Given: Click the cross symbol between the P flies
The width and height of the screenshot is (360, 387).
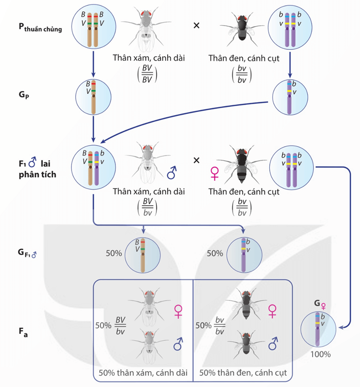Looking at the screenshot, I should pos(196,25).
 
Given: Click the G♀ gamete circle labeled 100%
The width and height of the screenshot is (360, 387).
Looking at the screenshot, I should pos(319,327).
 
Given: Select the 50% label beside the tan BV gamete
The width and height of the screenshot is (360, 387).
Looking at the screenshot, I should pos(114,253).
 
